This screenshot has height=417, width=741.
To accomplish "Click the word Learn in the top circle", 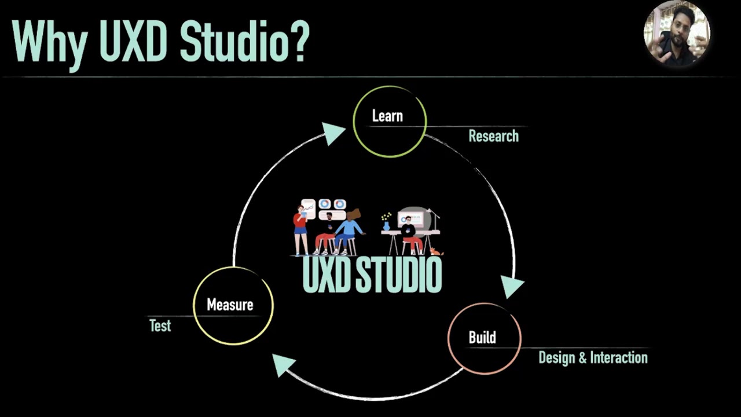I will [387, 116].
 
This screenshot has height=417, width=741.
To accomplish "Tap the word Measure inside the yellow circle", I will [230, 305].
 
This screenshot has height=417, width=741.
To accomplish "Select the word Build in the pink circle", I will [482, 337].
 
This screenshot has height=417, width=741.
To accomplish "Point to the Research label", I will [493, 136].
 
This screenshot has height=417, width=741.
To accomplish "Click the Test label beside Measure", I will [160, 325].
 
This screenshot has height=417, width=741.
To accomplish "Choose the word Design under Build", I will [557, 357].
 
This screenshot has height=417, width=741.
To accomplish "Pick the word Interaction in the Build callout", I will [618, 357].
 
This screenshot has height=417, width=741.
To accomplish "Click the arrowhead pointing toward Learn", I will [332, 133].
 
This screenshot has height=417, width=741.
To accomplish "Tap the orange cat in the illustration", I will [436, 251].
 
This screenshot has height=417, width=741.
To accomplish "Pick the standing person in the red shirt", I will [300, 229].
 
